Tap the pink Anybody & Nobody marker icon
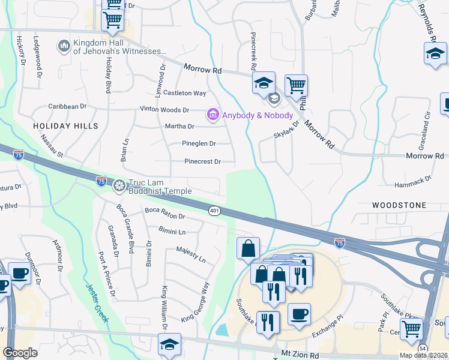point(212,114)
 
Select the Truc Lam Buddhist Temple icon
point(119,185)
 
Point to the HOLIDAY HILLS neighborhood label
point(65,126)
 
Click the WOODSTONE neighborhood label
point(399,205)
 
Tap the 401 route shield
point(214,211)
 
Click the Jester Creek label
point(97,303)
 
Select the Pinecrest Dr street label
point(202,161)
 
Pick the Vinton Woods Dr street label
point(164,110)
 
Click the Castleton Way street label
point(185,93)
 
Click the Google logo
point(20,353)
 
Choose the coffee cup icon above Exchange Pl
point(298,314)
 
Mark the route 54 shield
point(423,348)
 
